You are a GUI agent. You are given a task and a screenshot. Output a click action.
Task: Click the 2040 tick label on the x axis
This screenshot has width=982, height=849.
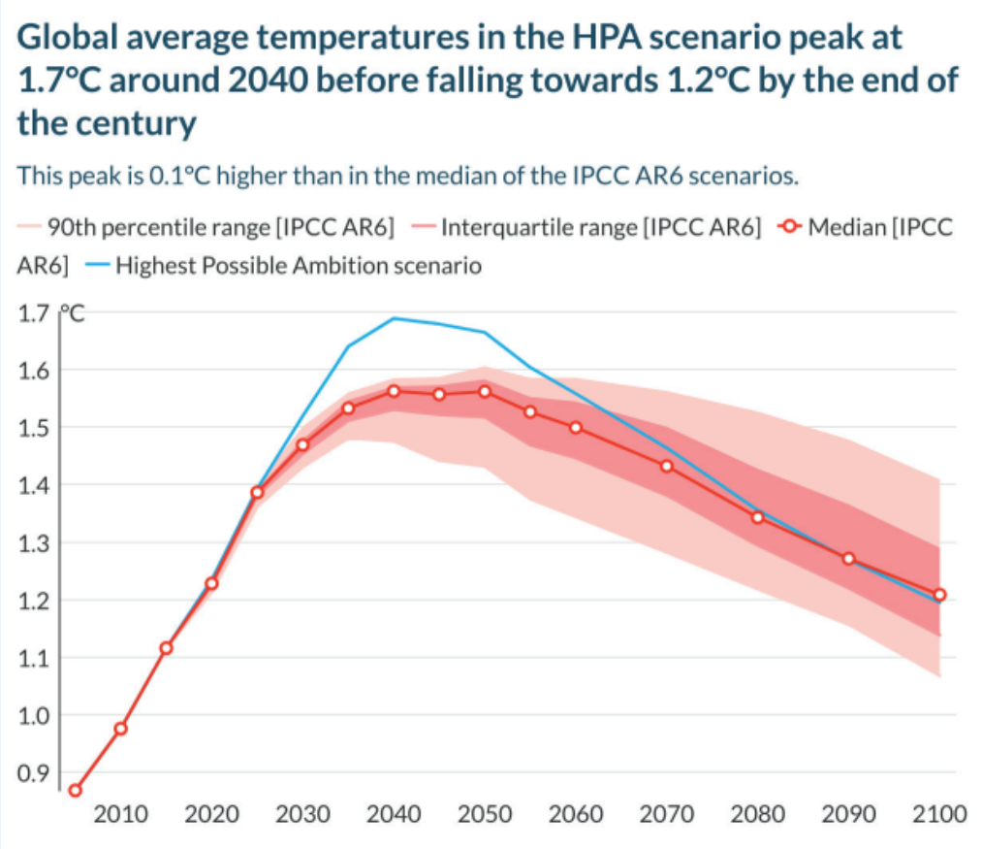pyautogui.click(x=394, y=813)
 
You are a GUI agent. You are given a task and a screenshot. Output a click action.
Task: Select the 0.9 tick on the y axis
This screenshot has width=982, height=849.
pyautogui.click(x=36, y=773)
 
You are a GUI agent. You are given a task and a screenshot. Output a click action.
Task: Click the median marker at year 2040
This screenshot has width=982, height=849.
pyautogui.click(x=394, y=391)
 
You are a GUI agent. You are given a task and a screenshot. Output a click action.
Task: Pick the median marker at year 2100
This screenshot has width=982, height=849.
pyautogui.click(x=939, y=595)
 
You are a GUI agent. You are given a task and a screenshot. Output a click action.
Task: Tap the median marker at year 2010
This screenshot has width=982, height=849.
pyautogui.click(x=120, y=729)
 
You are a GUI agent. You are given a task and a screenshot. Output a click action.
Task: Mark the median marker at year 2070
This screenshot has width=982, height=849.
pyautogui.click(x=667, y=466)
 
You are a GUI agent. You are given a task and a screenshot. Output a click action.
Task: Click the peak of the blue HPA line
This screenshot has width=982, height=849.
pyautogui.click(x=394, y=317)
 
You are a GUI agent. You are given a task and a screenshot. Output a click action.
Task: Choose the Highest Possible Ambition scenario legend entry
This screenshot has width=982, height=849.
pyautogui.click(x=288, y=265)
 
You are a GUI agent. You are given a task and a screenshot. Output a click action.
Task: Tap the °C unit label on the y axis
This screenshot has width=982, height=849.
pyautogui.click(x=74, y=313)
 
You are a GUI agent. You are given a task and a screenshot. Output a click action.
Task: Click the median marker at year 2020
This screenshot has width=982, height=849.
pyautogui.click(x=211, y=583)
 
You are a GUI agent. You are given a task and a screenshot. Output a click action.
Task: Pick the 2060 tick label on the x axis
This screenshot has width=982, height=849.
pyautogui.click(x=576, y=813)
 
